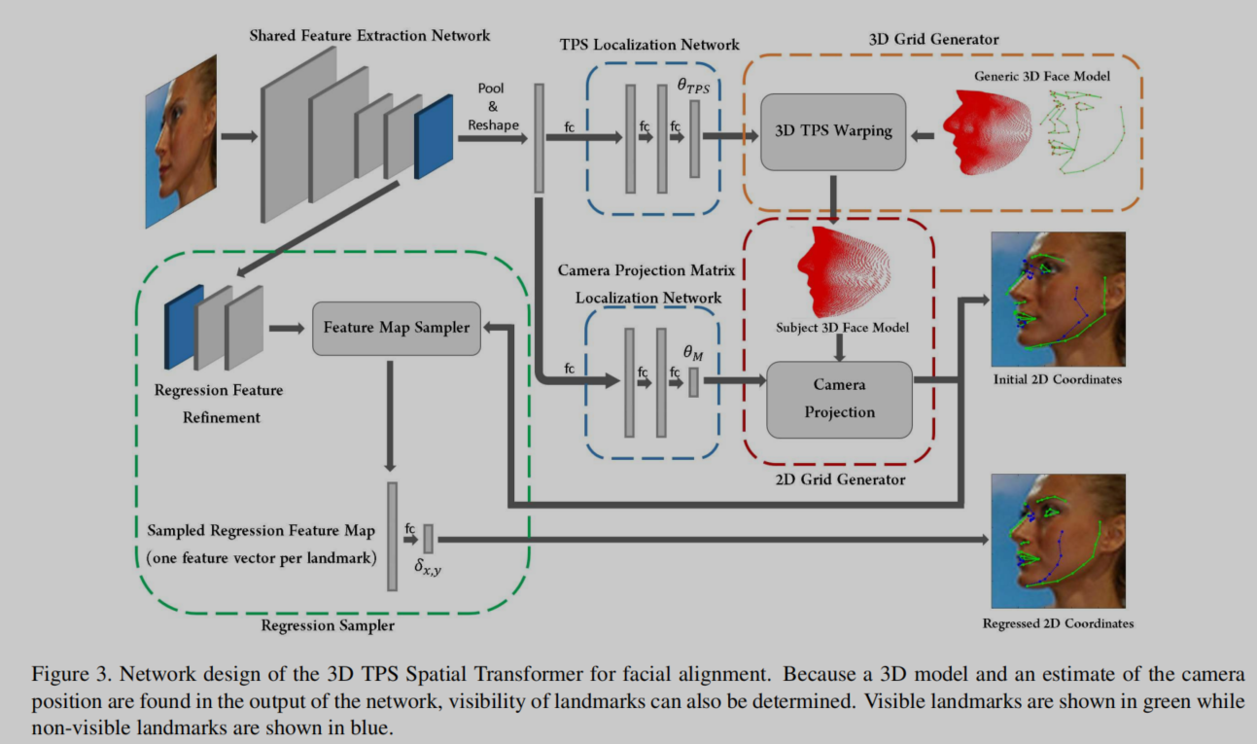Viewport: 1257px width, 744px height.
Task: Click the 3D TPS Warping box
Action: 833,130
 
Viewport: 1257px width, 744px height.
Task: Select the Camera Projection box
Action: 839,399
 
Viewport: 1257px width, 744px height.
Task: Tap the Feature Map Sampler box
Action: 396,328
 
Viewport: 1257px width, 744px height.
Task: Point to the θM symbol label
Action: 692,356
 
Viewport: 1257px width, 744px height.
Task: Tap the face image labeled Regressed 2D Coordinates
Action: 1057,541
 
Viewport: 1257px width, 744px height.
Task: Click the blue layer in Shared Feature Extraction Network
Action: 434,136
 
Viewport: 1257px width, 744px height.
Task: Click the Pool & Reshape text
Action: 491,106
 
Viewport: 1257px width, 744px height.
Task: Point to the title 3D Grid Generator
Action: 932,40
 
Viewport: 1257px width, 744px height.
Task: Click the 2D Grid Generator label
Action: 840,479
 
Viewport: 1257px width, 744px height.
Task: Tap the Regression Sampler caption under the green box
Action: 328,625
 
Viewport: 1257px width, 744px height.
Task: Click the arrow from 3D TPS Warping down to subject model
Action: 833,195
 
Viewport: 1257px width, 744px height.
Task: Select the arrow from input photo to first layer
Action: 238,135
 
